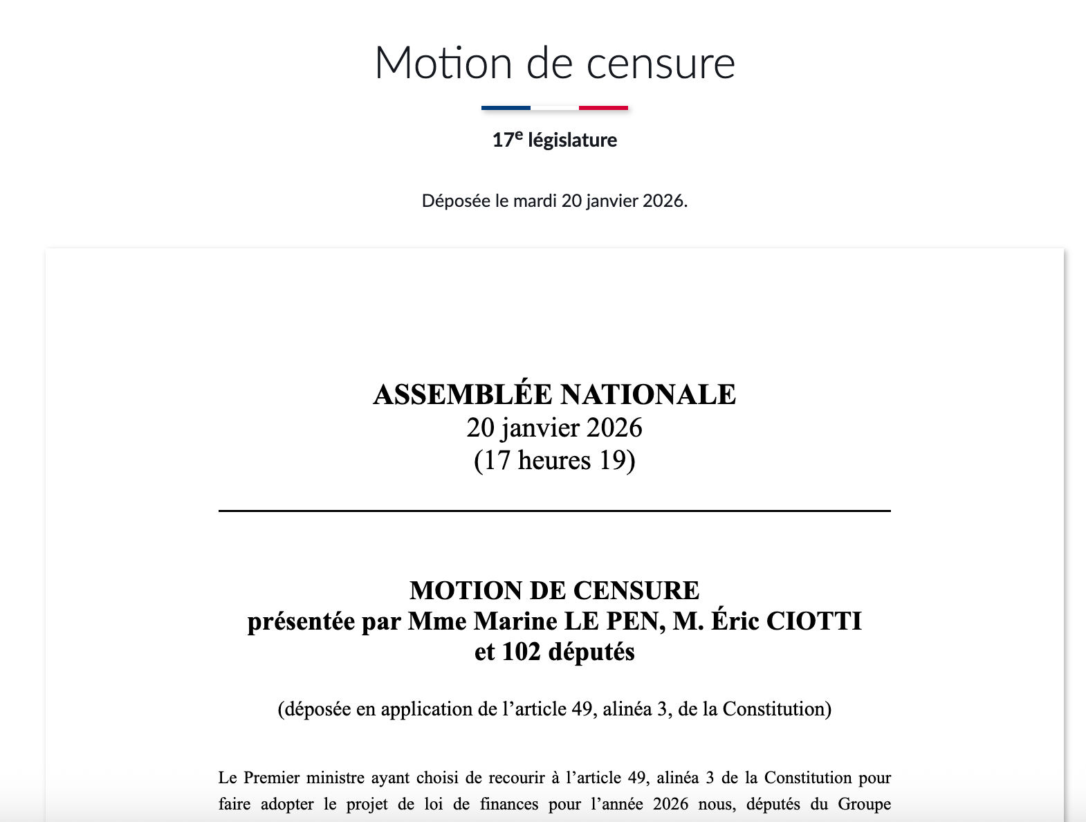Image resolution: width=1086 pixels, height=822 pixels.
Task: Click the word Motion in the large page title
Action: [x=443, y=63]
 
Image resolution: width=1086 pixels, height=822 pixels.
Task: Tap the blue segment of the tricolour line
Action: [x=506, y=108]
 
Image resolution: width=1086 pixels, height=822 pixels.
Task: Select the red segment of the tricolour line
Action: [x=603, y=108]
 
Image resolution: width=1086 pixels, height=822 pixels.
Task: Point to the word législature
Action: [x=572, y=140]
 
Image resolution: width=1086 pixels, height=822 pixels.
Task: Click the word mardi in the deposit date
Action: [x=535, y=201]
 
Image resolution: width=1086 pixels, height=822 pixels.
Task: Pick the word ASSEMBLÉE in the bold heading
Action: [x=463, y=394]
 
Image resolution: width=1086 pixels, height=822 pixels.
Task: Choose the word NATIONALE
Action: [x=648, y=394]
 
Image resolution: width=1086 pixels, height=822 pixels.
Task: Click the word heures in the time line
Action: [x=554, y=460]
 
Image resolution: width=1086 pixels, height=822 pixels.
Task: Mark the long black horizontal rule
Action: [x=554, y=511]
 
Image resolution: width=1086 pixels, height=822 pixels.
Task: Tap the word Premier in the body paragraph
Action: [x=269, y=778]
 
